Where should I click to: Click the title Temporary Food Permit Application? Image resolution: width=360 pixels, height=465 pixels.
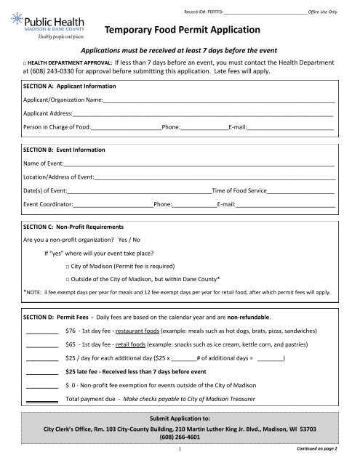(182, 30)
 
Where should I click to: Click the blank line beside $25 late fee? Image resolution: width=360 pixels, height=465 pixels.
(41, 372)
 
